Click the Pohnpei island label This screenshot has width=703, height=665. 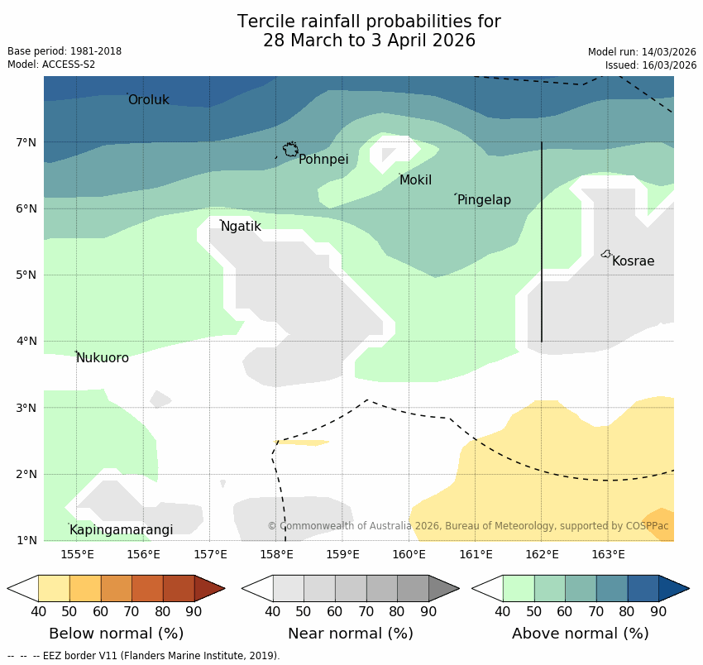click(x=323, y=160)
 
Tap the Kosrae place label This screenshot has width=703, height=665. click(x=633, y=261)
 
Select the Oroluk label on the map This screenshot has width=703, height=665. click(x=148, y=100)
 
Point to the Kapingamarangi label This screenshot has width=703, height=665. click(x=121, y=530)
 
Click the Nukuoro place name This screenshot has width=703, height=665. click(x=103, y=358)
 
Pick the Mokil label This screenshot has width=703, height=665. click(x=415, y=180)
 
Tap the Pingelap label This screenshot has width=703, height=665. click(x=484, y=200)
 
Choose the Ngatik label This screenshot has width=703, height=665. click(x=241, y=227)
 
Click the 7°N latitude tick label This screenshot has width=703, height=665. click(x=26, y=143)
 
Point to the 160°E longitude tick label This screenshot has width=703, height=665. click(x=409, y=554)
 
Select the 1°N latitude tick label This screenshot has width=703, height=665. click(x=26, y=541)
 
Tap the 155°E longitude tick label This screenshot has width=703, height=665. click(x=77, y=554)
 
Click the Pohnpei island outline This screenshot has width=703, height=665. click(x=290, y=150)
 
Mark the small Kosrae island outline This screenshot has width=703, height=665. click(x=606, y=254)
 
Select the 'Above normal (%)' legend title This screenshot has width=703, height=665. click(x=580, y=634)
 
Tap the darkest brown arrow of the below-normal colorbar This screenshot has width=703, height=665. click(x=209, y=588)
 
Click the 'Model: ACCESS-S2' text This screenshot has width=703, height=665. click(x=51, y=65)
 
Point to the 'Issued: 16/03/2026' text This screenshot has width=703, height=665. click(x=651, y=65)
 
